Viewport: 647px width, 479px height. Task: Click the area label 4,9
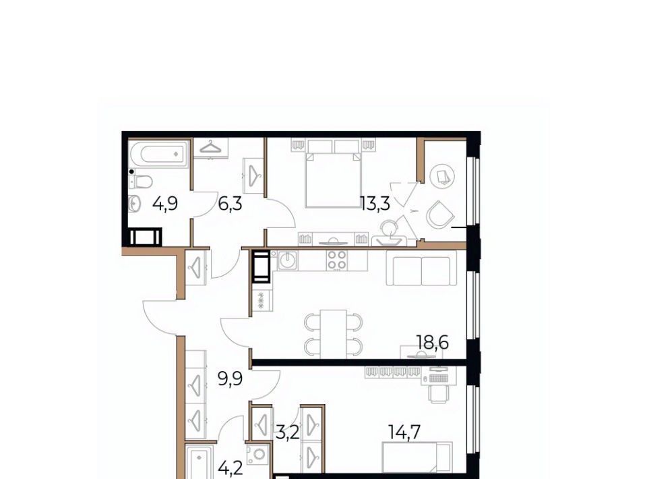coord(165,204)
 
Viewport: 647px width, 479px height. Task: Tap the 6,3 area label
coord(230,204)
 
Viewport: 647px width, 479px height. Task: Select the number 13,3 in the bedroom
coord(375,204)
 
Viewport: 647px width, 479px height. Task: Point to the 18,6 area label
coord(432,343)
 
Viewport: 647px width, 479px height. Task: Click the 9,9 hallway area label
coord(230,378)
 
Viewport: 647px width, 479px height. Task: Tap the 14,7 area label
coord(404,432)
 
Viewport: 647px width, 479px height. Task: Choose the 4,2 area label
coord(230,469)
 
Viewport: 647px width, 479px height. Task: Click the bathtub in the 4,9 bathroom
coord(159,154)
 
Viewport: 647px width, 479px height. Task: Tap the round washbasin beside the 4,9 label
coord(135,204)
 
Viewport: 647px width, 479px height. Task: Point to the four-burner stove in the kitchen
coord(337,260)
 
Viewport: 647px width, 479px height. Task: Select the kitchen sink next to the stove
coord(287,260)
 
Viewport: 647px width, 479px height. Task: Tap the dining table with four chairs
coord(334,334)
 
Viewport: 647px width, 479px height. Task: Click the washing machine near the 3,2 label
coord(259,454)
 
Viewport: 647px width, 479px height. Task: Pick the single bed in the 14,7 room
coord(417,457)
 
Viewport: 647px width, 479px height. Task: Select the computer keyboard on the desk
coord(438,377)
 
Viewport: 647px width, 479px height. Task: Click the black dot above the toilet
coord(131,171)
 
